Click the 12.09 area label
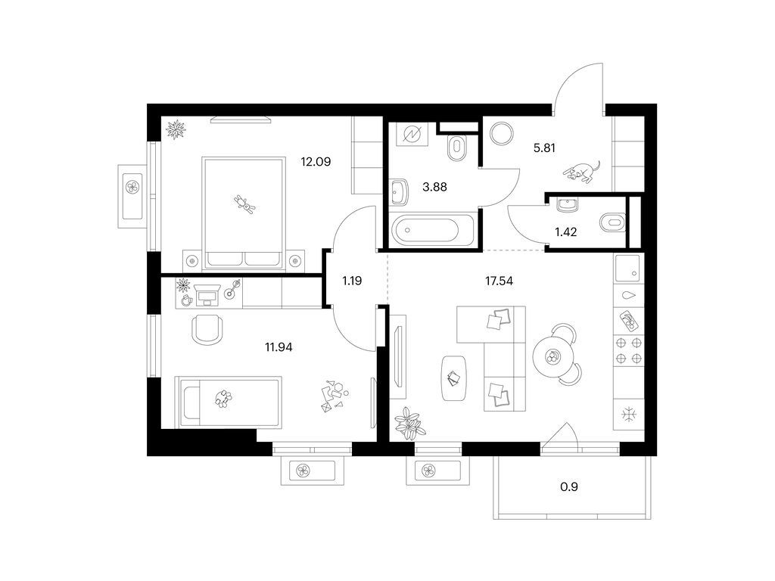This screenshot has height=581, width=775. click(x=316, y=162)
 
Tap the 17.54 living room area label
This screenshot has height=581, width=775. click(x=500, y=281)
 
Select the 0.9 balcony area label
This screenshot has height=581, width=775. click(x=569, y=487)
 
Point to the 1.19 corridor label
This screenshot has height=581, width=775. click(x=352, y=281)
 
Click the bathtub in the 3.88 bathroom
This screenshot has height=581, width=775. click(x=432, y=230)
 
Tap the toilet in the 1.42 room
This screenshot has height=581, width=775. click(x=613, y=222)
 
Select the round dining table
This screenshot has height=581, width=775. click(x=552, y=356)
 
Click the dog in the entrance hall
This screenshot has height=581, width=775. click(x=582, y=171)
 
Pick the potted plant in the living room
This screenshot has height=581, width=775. click(x=409, y=424)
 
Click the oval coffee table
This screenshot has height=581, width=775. click(x=454, y=378)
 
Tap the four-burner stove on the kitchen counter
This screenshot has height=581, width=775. click(x=629, y=351)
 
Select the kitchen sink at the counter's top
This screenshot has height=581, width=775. click(x=629, y=269)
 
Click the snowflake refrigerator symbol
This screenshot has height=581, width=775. click(x=629, y=415)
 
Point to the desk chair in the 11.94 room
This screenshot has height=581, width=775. click(x=207, y=330)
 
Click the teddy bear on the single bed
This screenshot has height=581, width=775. click(x=224, y=398)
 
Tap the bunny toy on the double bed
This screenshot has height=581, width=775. click(x=244, y=204)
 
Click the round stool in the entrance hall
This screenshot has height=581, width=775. click(x=501, y=133)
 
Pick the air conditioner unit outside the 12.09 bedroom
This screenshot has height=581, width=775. click(x=132, y=197)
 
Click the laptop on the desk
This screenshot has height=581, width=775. click(x=207, y=294)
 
